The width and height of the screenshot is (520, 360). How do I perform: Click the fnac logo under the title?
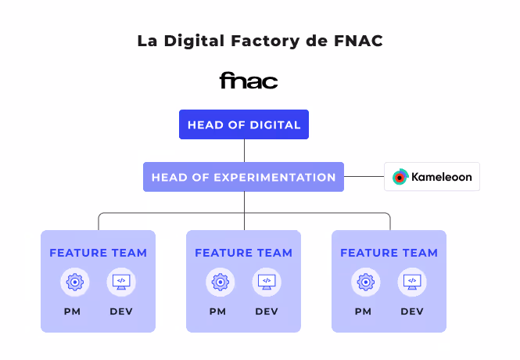tap(248, 81)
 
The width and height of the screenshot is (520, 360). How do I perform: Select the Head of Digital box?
tap(244, 124)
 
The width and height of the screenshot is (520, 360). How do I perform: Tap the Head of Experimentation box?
tap(244, 177)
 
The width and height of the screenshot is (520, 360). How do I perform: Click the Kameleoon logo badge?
tap(432, 177)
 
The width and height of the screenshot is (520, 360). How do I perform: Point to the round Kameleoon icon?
tap(400, 177)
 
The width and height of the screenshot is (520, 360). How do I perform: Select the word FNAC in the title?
tap(356, 41)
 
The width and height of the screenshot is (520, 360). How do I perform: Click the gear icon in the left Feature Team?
tap(75, 282)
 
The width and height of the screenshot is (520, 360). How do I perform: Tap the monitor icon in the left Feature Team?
tap(121, 282)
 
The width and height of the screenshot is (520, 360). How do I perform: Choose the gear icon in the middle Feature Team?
tap(221, 282)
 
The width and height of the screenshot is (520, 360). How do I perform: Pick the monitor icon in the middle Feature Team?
tap(267, 282)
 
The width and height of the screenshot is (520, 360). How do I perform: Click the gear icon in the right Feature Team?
tap(366, 282)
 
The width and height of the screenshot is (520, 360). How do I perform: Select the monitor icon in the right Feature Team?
tap(412, 282)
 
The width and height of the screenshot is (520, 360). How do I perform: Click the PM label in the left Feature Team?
tap(75, 311)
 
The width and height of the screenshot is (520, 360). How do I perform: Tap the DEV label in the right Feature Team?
tap(412, 311)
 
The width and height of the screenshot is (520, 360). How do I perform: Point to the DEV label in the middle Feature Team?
tap(267, 311)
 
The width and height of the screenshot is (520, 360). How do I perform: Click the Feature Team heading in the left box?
tap(98, 253)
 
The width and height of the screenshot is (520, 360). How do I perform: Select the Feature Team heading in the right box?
tap(389, 253)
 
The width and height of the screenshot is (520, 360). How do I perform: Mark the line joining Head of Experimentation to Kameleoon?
tap(364, 177)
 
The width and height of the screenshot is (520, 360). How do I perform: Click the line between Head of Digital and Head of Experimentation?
tap(244, 150)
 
